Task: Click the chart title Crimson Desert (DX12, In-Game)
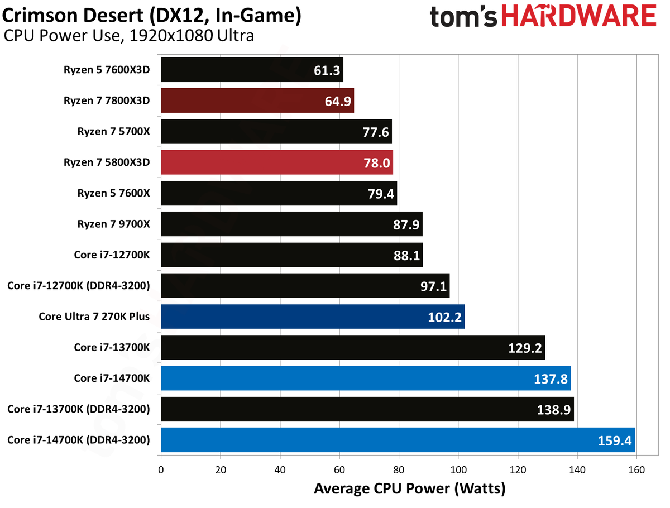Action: coord(151,15)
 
